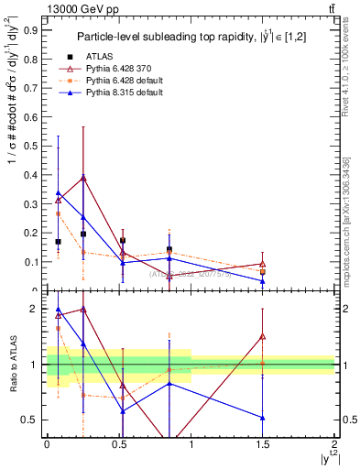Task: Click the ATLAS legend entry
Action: coord(101,57)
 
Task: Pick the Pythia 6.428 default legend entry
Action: coord(122,80)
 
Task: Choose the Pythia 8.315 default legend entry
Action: coord(122,92)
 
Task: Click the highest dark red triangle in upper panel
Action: coord(83,177)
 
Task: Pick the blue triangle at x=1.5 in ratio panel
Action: coord(263,418)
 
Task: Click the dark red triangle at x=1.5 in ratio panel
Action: coord(263,336)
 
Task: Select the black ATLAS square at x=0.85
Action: coord(169,249)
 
